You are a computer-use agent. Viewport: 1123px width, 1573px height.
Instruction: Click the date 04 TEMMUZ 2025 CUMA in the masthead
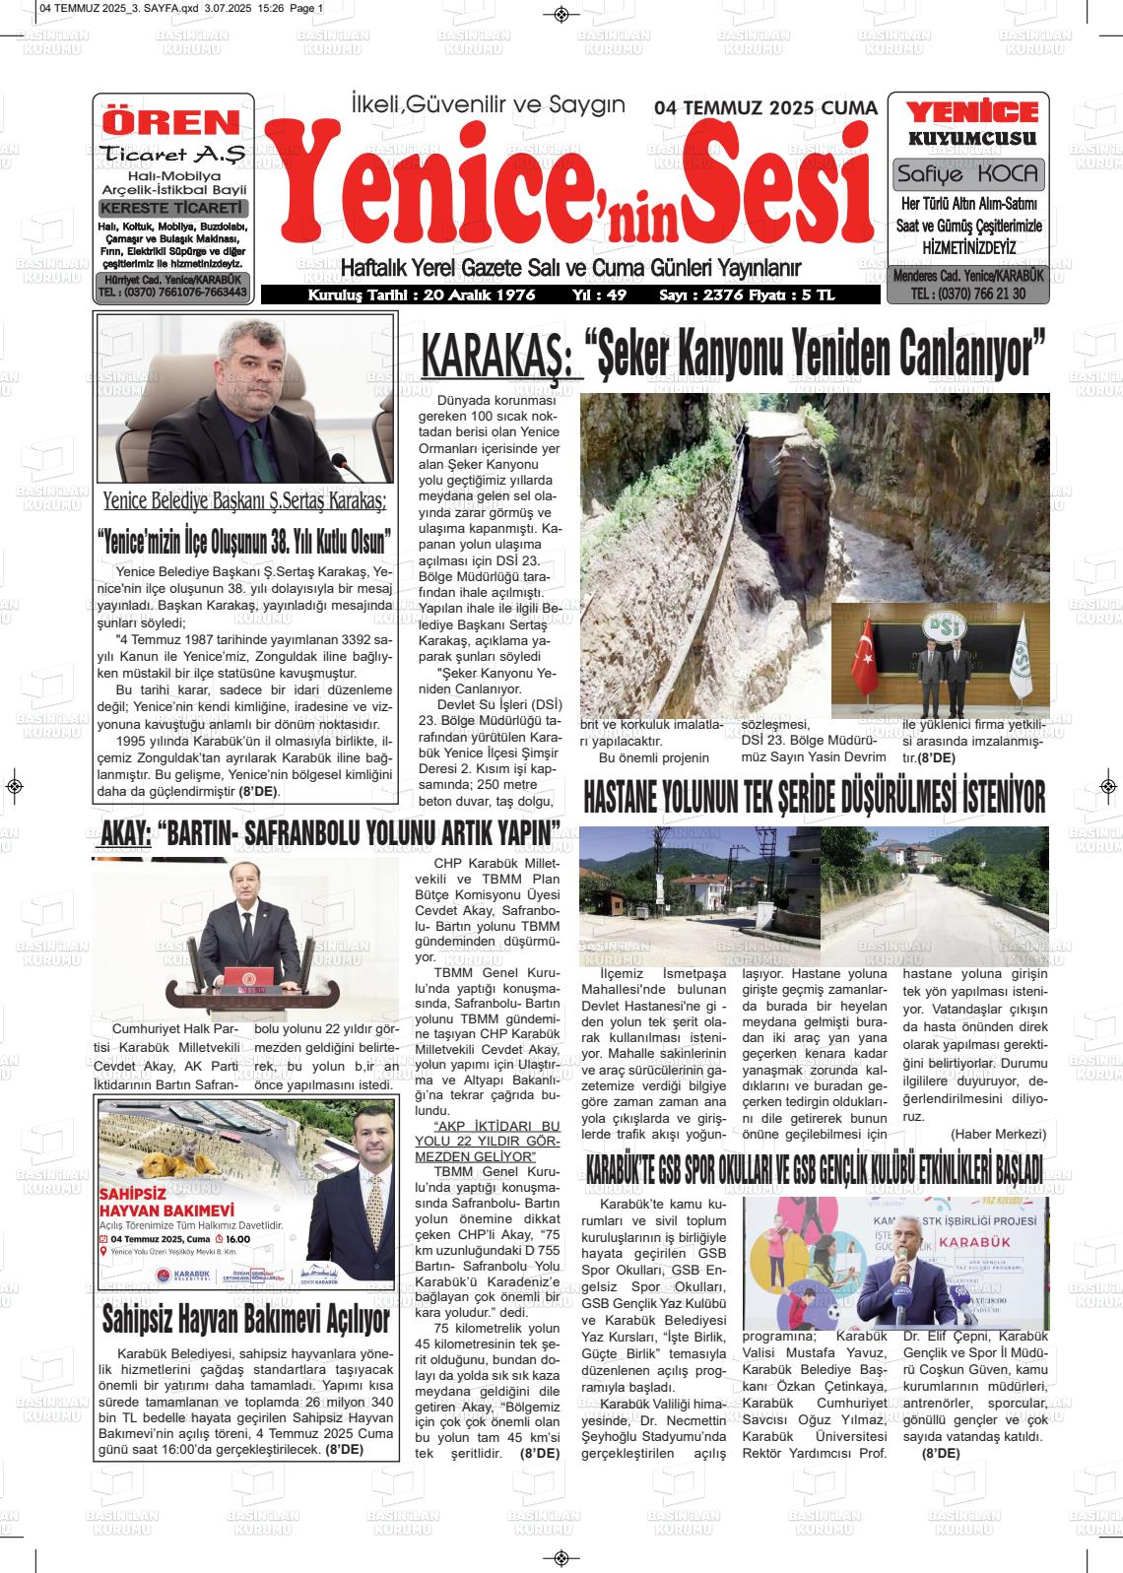(765, 108)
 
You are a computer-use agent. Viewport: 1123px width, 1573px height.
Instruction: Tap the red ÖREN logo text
(172, 122)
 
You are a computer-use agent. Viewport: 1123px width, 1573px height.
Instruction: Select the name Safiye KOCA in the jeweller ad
(969, 175)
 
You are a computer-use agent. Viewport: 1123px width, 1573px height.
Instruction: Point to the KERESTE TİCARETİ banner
(173, 209)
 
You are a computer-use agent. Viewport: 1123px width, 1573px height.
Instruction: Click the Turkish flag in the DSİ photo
(864, 656)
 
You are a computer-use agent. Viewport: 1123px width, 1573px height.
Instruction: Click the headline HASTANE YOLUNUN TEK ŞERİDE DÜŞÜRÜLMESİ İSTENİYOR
(814, 797)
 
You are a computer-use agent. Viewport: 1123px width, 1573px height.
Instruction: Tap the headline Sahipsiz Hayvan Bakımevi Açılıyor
(246, 1318)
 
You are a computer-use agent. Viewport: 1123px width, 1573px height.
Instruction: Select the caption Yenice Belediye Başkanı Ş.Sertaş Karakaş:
(244, 501)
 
